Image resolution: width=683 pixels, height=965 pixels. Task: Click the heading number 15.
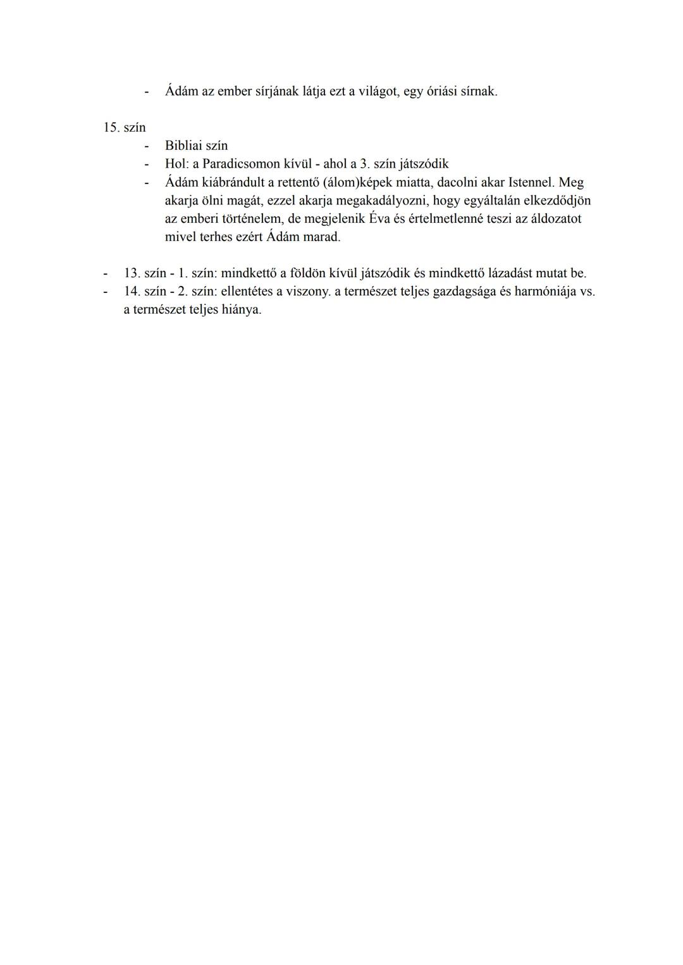[111, 127]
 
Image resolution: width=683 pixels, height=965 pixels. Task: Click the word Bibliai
[183, 146]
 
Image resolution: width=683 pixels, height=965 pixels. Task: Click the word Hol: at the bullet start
[177, 164]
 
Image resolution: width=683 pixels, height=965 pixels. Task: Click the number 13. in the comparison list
[132, 273]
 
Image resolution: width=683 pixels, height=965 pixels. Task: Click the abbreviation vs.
[587, 292]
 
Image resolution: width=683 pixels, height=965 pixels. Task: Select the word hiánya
[242, 310]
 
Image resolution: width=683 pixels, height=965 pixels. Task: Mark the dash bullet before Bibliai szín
[147, 146]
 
